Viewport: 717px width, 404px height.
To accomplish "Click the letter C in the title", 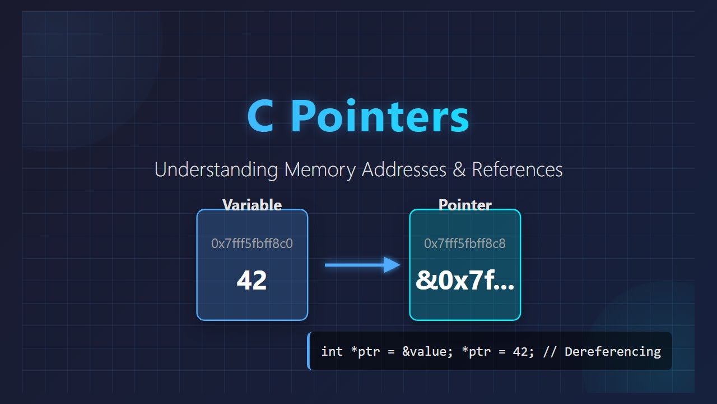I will pos(260,117).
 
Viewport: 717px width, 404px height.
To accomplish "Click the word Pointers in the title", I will pos(380,117).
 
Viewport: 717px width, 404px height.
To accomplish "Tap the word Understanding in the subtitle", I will pos(216,169).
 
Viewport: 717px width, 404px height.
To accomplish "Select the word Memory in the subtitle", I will pos(320,169).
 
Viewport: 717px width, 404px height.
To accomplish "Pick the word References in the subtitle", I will pos(517,169).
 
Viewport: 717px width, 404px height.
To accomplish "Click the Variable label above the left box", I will pos(252,205).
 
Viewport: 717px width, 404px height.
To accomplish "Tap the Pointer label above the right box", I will pos(465,205).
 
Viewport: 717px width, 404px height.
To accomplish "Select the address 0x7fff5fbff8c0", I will pos(252,244).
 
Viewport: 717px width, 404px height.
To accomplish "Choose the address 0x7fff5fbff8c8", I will pos(465,244).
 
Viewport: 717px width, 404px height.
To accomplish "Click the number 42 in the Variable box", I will pos(252,280).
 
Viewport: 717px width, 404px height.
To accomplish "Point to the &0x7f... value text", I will pos(465,280).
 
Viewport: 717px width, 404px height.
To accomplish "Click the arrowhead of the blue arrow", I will pos(392,265).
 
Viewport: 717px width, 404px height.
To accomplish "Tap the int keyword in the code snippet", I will pos(332,352).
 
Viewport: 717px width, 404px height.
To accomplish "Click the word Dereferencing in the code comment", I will pos(613,352).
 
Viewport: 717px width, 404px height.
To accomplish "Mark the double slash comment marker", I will pos(553,352).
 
